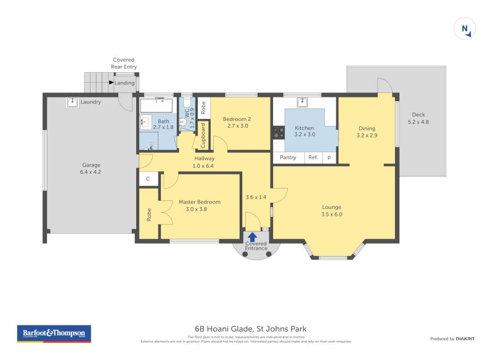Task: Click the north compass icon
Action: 464,29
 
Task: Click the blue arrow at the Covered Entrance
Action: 253,235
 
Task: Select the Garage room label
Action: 91,165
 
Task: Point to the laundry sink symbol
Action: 72,103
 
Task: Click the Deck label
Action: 418,115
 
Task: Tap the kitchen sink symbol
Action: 302,102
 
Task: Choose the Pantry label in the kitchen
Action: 288,157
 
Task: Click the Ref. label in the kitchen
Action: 313,157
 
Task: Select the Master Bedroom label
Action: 199,202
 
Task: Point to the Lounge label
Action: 331,207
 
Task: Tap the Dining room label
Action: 367,128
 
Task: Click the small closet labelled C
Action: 148,179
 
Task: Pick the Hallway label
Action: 204,158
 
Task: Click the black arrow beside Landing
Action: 112,82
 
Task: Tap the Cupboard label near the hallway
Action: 203,136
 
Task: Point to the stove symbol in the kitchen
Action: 277,132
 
